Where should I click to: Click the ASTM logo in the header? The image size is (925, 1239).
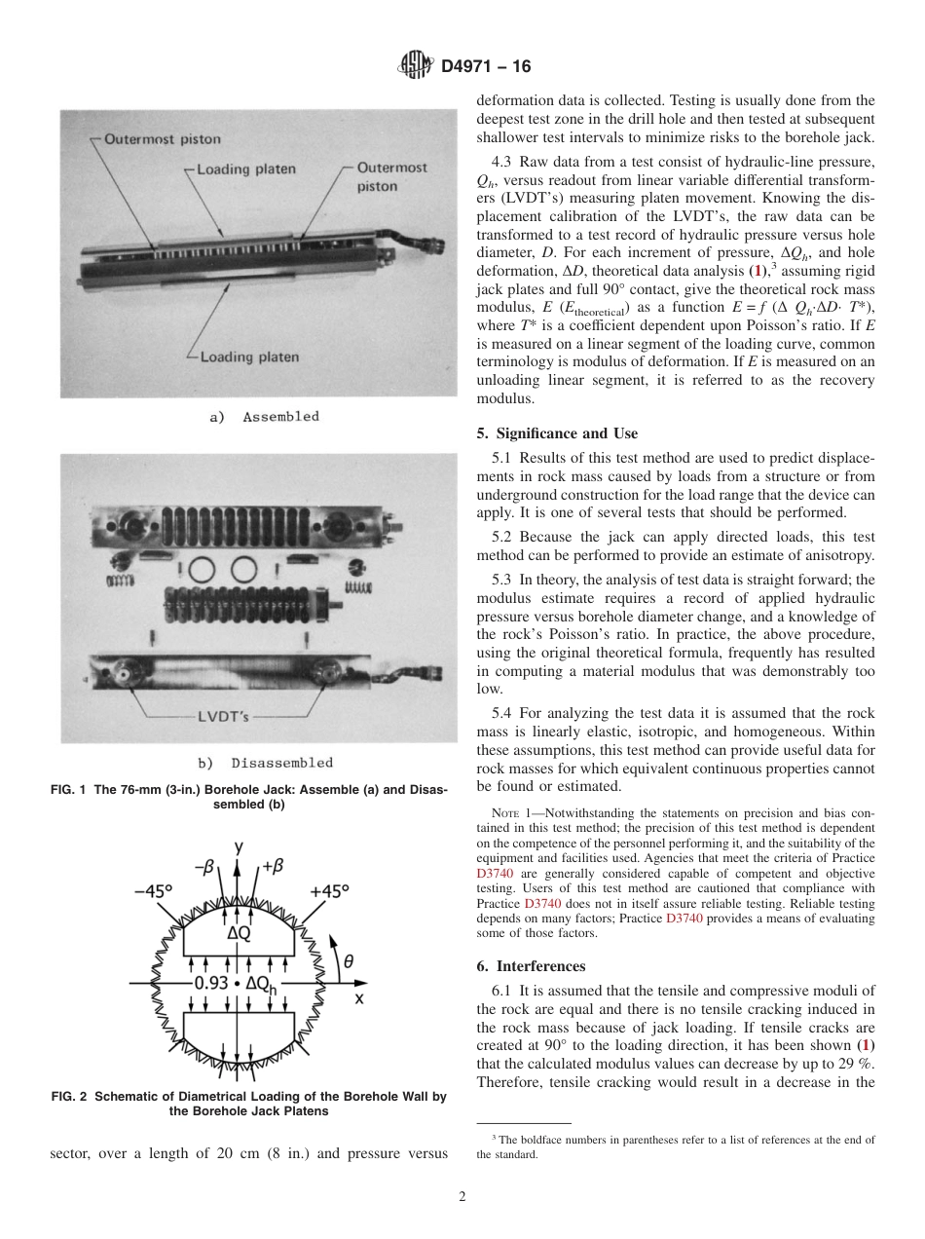416,66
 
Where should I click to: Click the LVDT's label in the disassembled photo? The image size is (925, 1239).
223,717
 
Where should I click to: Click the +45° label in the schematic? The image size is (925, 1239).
329,891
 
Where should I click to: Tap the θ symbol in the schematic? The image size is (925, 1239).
348,959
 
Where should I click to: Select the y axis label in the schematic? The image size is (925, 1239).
239,845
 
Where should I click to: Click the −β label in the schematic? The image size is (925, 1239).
204,866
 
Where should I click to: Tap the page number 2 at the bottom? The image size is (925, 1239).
462,1196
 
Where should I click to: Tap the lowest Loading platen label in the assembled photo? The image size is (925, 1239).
249,357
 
